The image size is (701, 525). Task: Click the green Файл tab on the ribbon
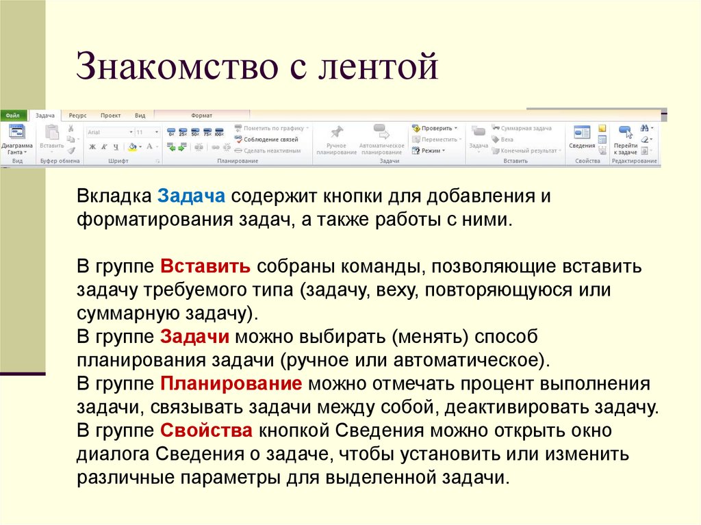[12, 116]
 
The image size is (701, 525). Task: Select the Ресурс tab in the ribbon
[77, 116]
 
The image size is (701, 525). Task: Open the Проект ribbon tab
[110, 116]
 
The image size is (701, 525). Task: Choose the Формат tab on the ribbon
[201, 116]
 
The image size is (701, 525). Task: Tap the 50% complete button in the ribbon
[195, 131]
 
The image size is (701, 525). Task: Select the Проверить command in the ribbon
[435, 128]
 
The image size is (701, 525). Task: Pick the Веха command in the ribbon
[507, 139]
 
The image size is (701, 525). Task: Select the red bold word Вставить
[205, 266]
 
